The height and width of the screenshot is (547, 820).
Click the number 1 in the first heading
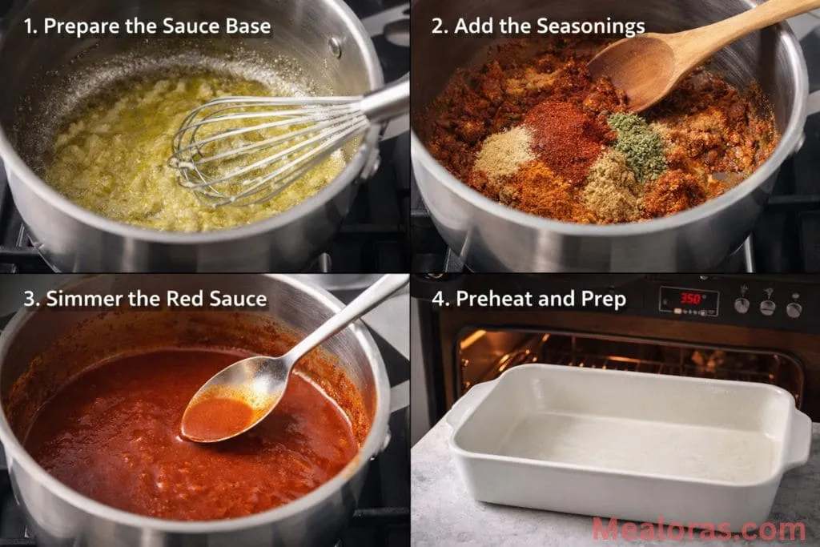point(30,26)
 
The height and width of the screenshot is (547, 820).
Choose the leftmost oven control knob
point(742,305)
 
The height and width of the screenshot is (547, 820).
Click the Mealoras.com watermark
point(698,529)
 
